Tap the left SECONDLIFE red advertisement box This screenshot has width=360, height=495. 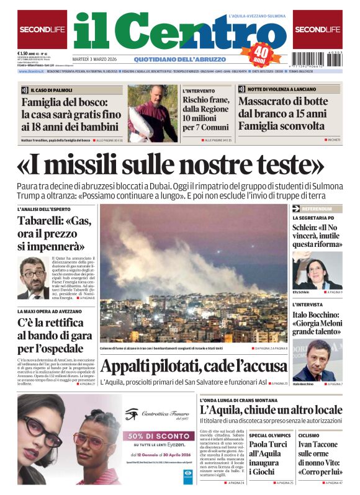[42, 29]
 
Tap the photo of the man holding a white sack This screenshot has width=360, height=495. [153, 114]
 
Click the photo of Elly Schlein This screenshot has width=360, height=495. [317, 269]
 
